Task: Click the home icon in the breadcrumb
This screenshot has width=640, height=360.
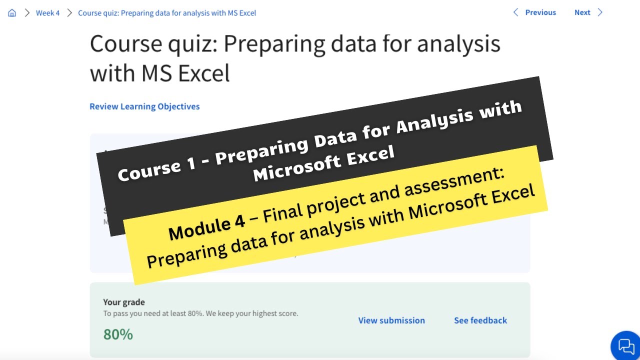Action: pyautogui.click(x=12, y=13)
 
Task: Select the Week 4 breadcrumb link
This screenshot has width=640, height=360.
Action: pyautogui.click(x=47, y=13)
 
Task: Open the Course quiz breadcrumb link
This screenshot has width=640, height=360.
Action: pyautogui.click(x=167, y=13)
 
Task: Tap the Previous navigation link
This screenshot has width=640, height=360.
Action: pyautogui.click(x=540, y=12)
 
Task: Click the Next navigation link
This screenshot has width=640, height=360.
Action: pyautogui.click(x=582, y=12)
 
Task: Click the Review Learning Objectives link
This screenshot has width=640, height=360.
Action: pyautogui.click(x=144, y=106)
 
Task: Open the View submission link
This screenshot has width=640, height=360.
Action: pyautogui.click(x=391, y=320)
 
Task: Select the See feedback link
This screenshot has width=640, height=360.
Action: pyautogui.click(x=480, y=320)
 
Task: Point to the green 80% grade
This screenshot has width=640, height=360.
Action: pyautogui.click(x=118, y=334)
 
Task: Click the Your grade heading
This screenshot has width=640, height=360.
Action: pyautogui.click(x=124, y=302)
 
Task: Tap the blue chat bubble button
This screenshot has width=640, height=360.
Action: pyautogui.click(x=625, y=345)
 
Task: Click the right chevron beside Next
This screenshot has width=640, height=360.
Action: pyautogui.click(x=600, y=12)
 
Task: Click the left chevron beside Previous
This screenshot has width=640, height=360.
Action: pyautogui.click(x=516, y=12)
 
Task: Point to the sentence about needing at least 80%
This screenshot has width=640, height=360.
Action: pyautogui.click(x=200, y=313)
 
